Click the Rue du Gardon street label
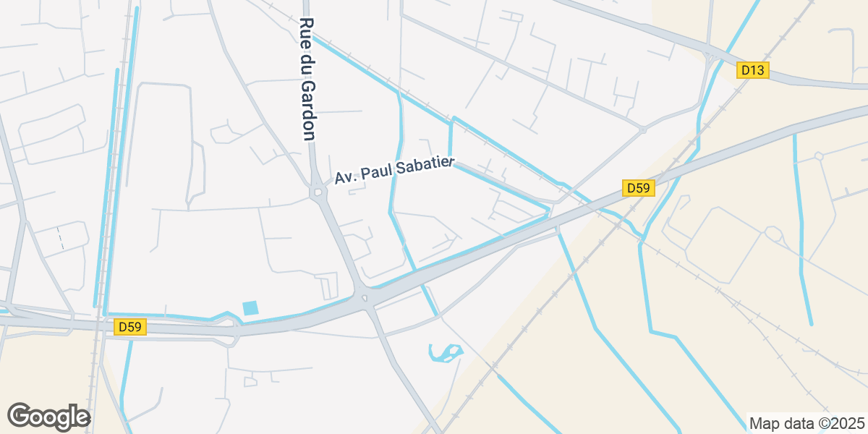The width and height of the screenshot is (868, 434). tap(307, 80)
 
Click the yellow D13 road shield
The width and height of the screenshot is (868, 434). tap(753, 70)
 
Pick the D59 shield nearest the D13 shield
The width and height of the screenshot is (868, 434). tap(639, 188)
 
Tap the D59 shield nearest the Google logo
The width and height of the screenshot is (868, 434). tap(130, 327)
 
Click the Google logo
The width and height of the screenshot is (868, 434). tap(48, 417)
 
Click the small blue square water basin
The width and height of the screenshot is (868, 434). tap(250, 307)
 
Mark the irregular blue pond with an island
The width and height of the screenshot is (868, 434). tap(445, 353)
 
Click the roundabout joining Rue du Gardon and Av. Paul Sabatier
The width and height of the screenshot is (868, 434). tap(318, 193)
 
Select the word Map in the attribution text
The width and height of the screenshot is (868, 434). tap(762, 423)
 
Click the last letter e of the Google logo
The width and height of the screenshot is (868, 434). tap(81, 418)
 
